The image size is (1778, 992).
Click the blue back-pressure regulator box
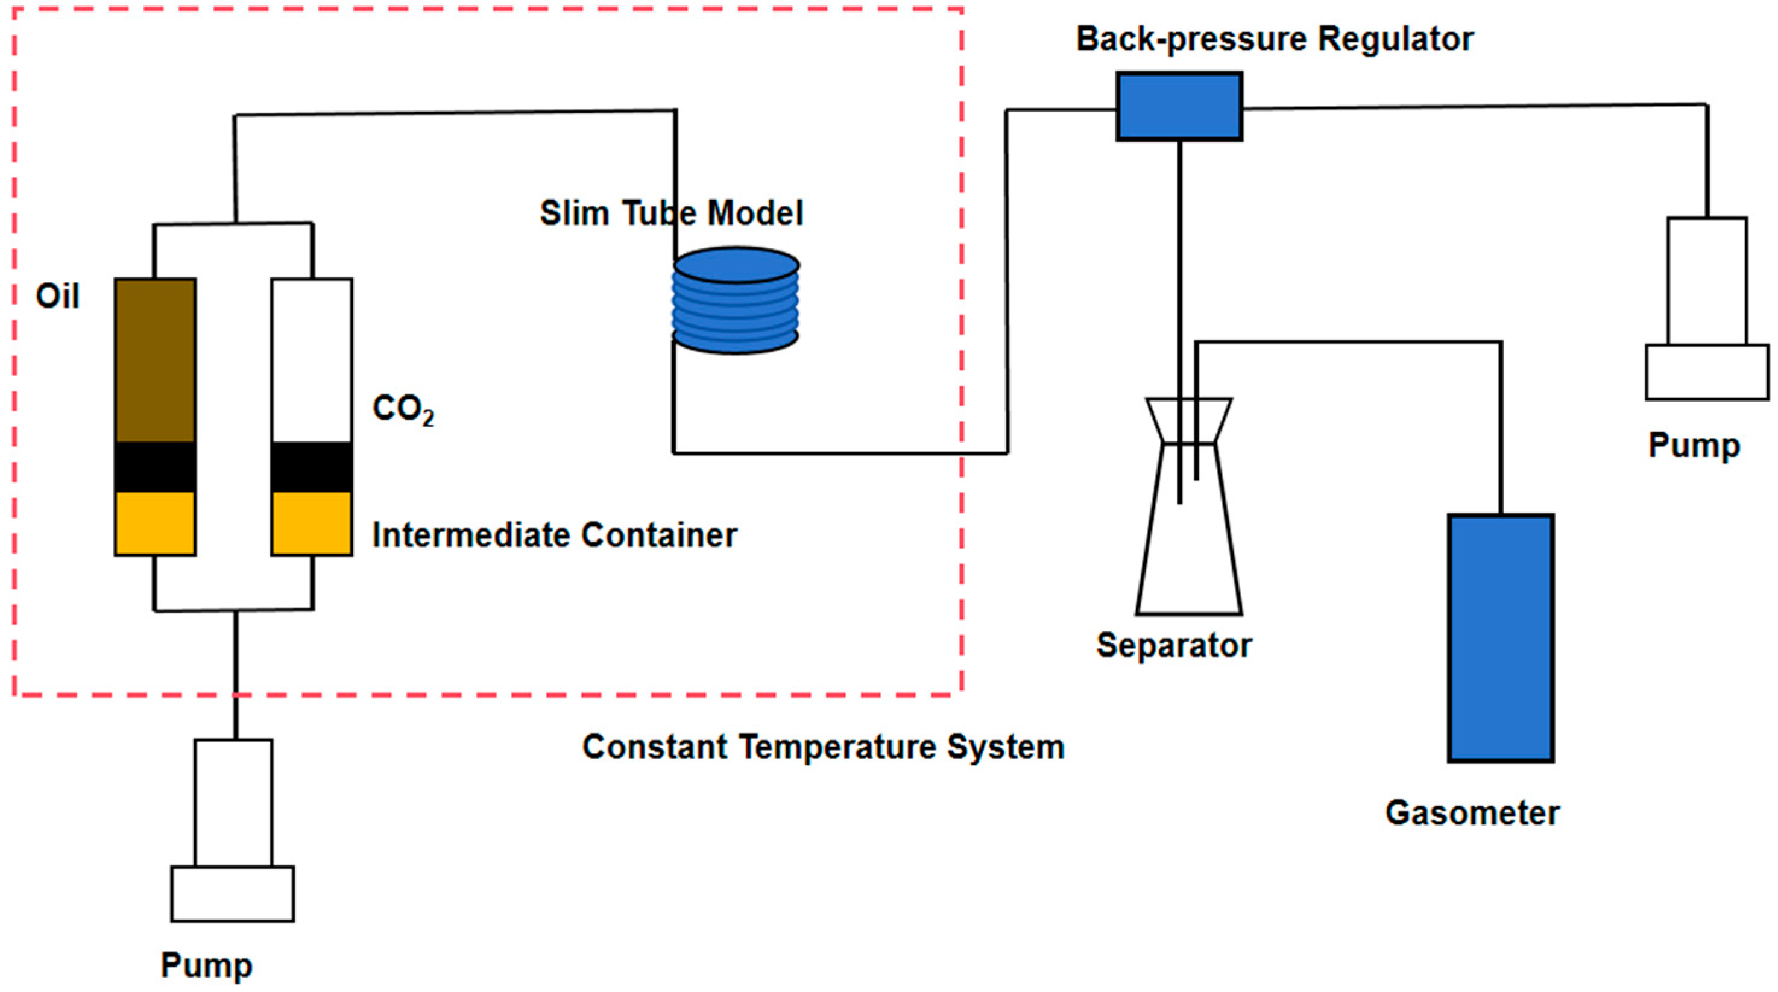[x=1179, y=106]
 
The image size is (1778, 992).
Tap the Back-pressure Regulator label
[x=1275, y=39]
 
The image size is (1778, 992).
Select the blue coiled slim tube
[x=736, y=300]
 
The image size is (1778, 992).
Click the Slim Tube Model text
[x=672, y=213]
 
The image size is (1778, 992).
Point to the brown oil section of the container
[x=156, y=361]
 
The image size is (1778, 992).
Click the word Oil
[x=58, y=296]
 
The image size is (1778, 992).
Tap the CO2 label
[x=404, y=409]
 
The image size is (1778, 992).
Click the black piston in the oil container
[x=156, y=467]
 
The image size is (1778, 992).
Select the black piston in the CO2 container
[x=312, y=467]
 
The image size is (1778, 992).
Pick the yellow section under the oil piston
[x=156, y=523]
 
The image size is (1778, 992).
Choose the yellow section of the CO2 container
[x=312, y=523]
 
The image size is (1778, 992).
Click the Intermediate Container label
[x=555, y=535]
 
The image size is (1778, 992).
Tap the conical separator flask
[x=1189, y=506]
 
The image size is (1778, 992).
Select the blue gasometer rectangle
[x=1501, y=638]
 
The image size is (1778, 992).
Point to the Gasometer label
[x=1472, y=812]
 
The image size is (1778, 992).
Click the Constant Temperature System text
[x=824, y=747]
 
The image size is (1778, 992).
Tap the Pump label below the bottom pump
[x=206, y=965]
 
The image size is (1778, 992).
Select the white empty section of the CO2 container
[x=312, y=361]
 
